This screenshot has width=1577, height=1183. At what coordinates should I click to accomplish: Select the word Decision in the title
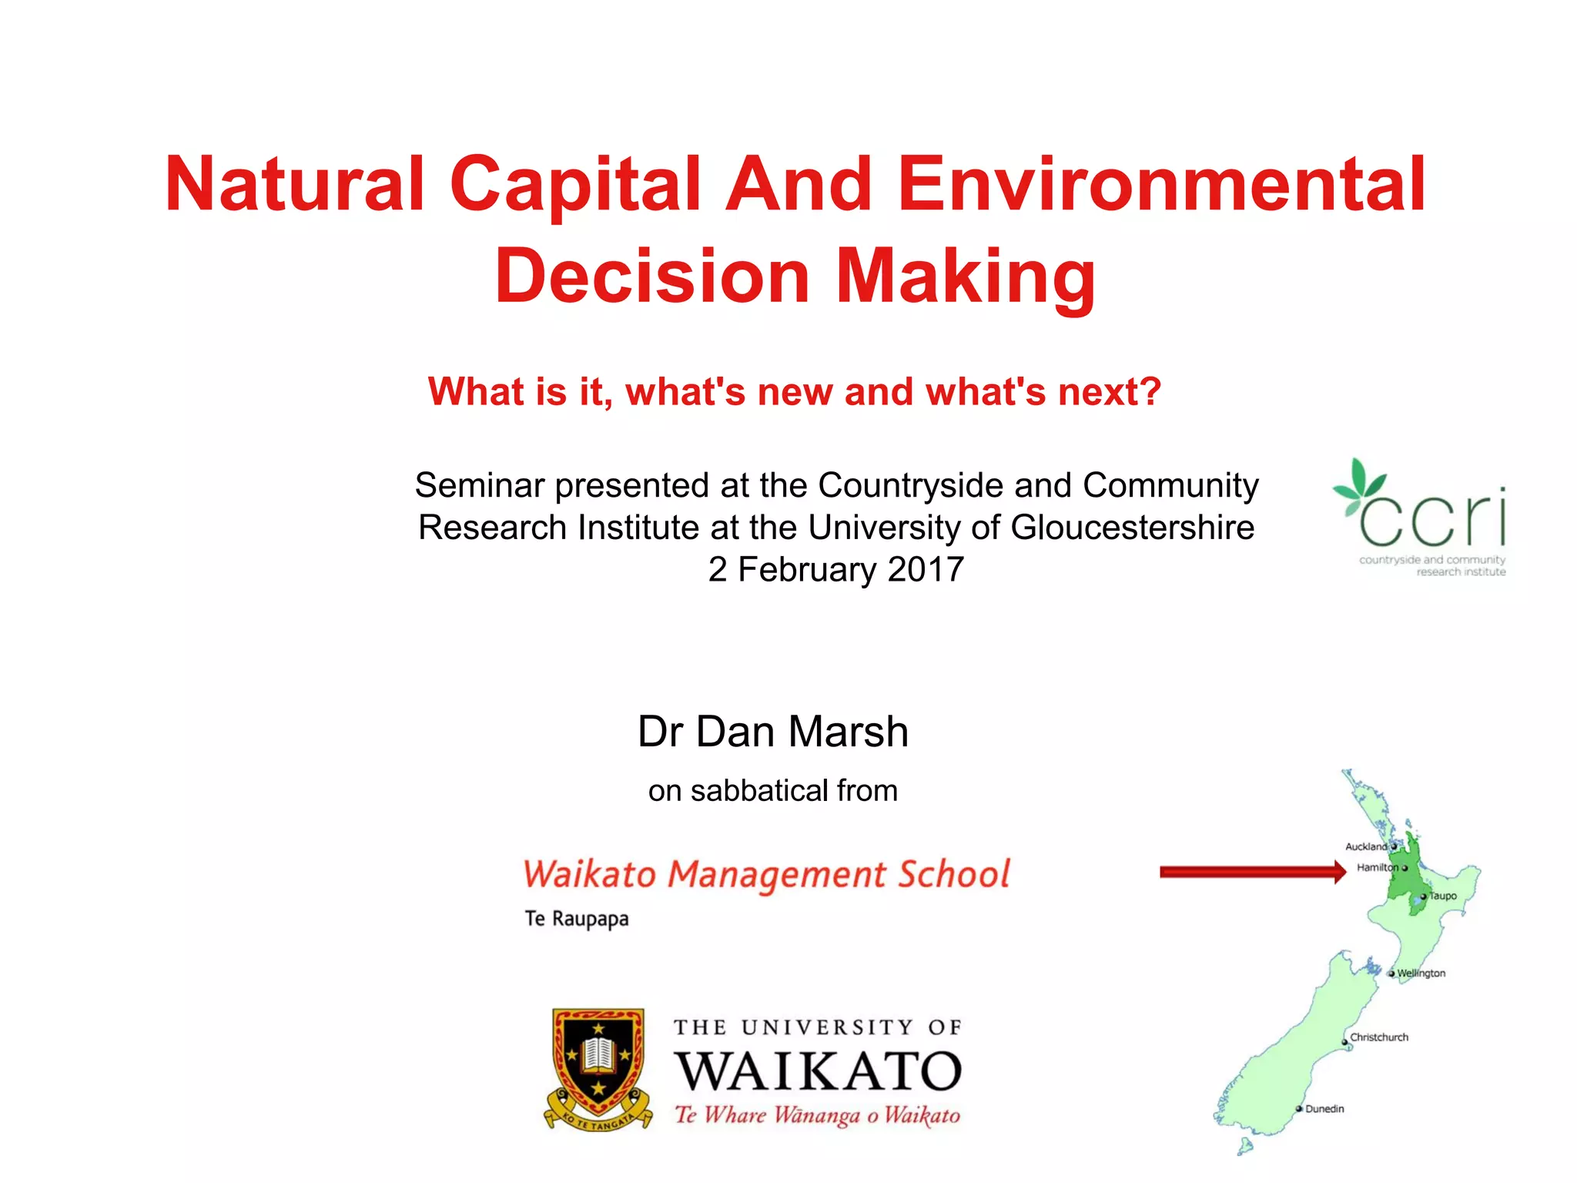click(x=652, y=276)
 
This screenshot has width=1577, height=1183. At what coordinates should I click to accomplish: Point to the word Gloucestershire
click(x=1132, y=528)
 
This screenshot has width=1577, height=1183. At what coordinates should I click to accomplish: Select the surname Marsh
click(x=848, y=731)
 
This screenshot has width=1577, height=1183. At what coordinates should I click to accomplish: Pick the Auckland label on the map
click(x=1366, y=846)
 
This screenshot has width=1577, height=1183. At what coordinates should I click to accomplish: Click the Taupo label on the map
click(x=1443, y=896)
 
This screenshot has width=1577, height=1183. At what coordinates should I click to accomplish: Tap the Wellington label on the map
click(x=1421, y=974)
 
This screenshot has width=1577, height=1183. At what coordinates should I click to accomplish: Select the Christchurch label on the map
click(x=1379, y=1037)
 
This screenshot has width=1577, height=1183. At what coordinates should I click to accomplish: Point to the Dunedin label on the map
click(x=1324, y=1109)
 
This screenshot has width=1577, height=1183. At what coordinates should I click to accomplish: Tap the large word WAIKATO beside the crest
click(x=819, y=1071)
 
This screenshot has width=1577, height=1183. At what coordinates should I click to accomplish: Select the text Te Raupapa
click(x=576, y=919)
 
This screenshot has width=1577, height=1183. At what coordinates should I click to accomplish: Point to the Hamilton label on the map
click(x=1377, y=867)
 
